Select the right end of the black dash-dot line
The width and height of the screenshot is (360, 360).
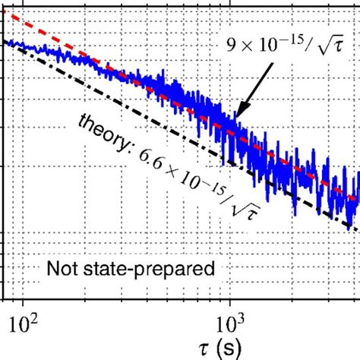357,229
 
